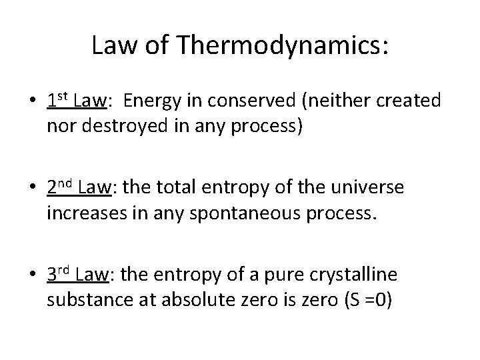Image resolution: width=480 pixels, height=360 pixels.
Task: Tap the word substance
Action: pos(83,301)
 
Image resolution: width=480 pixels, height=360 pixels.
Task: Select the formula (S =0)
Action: pos(367,301)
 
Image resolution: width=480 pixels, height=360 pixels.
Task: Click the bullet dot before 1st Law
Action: pos(32,103)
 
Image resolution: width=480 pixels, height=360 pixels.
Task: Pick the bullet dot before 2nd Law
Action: pos(32,190)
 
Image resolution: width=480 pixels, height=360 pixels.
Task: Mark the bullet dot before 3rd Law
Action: pos(32,277)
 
